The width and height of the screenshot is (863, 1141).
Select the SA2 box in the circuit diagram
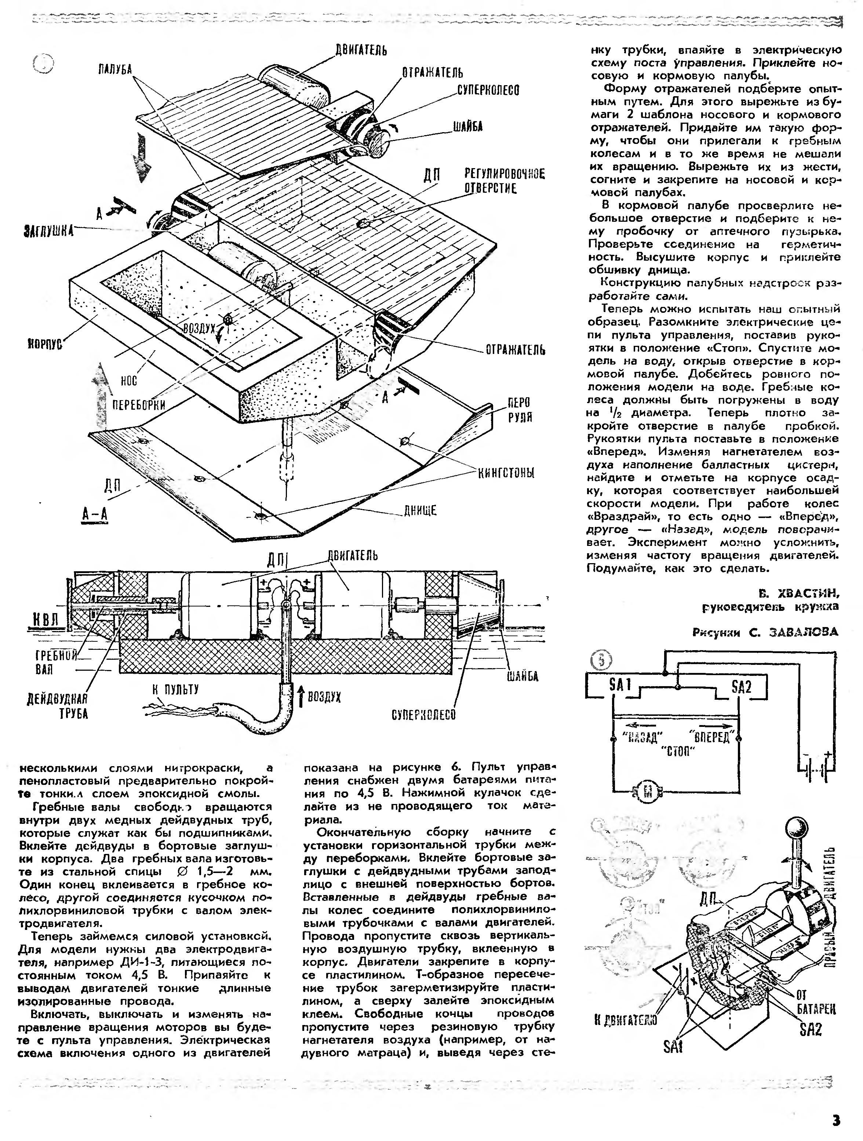tap(741, 687)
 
